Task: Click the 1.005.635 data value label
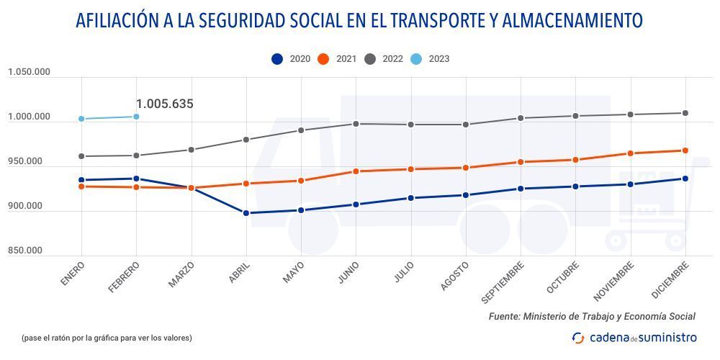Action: (x=164, y=104)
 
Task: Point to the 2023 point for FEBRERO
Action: (x=136, y=117)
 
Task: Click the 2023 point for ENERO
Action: (x=81, y=119)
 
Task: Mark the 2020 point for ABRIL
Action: (x=246, y=213)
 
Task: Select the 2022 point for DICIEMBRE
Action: (x=685, y=113)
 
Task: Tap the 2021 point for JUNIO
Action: (x=356, y=171)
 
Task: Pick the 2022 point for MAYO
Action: (x=301, y=130)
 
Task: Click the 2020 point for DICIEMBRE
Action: (x=685, y=179)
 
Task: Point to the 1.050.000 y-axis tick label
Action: (x=30, y=72)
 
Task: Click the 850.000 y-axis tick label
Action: (x=25, y=251)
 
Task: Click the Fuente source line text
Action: (x=592, y=316)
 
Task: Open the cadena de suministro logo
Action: (x=634, y=337)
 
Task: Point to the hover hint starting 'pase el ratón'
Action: (x=107, y=337)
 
